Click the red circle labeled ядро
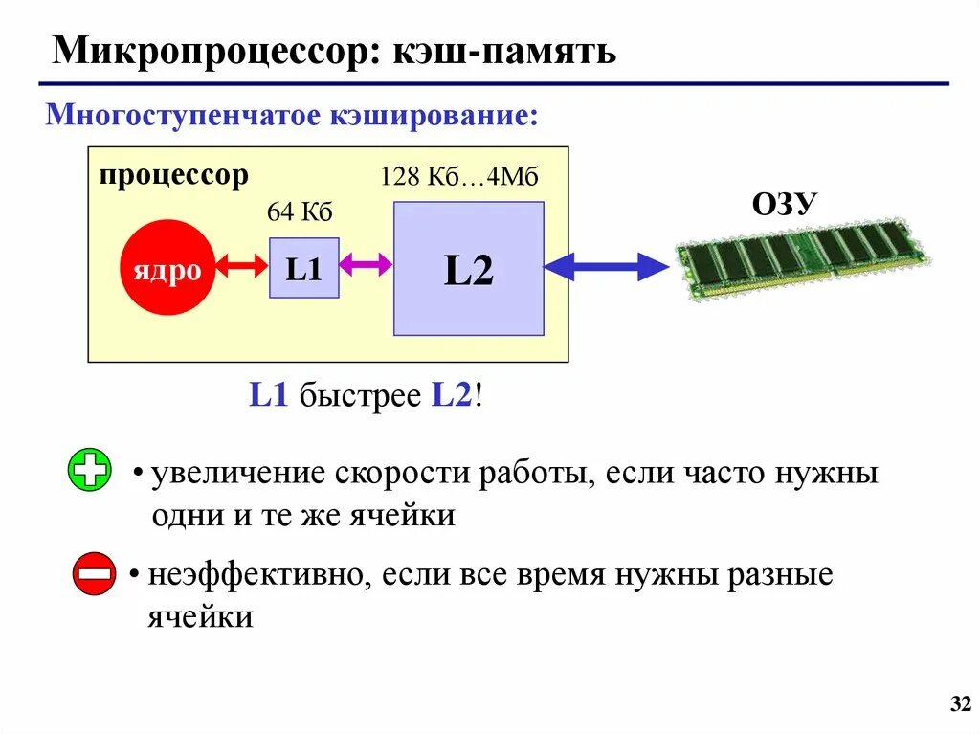coord(167,268)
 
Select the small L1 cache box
coord(303,267)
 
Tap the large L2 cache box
coord(468,269)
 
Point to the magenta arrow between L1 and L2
coord(366,264)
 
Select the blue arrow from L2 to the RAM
coord(607,264)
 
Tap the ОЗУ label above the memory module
coord(784,204)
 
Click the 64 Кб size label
coord(300,212)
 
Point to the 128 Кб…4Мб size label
coord(459,177)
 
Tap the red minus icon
coord(94,574)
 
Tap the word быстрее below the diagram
coord(360,396)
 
